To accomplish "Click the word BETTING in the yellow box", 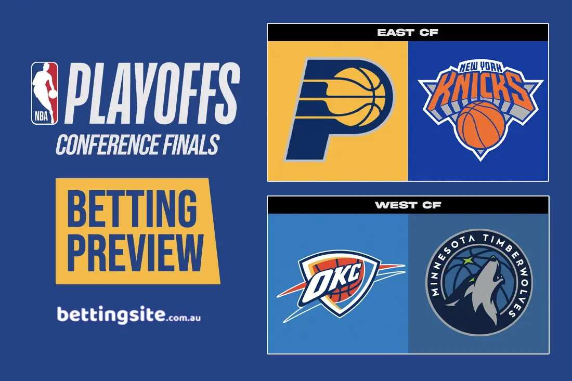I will point(132,208).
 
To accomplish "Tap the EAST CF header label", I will point(408,33).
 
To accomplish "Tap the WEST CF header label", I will point(408,205).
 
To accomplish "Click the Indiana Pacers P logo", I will point(338,109).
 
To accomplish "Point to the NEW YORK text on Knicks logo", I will point(478,68).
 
